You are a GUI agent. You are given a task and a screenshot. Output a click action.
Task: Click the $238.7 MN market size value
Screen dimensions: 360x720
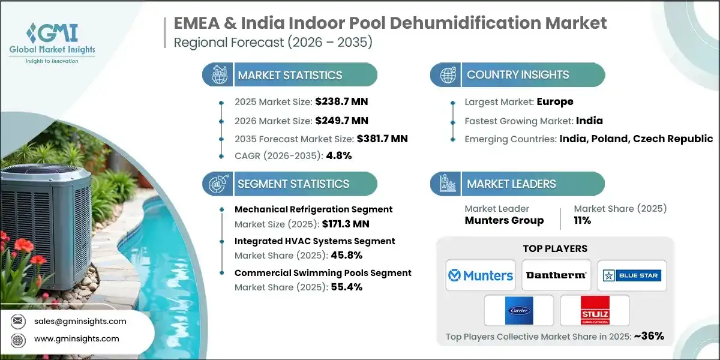338,103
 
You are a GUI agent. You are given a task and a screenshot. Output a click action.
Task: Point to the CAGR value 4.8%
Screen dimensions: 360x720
338,155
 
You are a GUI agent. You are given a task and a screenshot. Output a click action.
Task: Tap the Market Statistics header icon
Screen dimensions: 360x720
217,75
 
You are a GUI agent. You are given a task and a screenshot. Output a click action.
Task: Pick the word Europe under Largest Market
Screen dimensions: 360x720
555,102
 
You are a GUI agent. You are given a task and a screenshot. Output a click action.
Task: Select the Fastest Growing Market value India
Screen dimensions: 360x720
589,121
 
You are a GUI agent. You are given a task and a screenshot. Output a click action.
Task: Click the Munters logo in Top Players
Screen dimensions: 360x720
481,275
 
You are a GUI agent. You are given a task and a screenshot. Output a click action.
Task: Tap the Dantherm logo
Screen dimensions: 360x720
556,275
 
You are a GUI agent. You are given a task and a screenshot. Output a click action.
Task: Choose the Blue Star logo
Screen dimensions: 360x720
632,275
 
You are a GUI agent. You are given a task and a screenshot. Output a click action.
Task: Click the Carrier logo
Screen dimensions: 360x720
518,311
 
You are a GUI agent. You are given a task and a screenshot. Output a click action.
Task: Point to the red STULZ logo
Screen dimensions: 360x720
595,311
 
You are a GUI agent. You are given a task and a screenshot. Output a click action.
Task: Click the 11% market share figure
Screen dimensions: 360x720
582,220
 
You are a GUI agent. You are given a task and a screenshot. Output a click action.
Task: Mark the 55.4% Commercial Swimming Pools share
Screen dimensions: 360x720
346,287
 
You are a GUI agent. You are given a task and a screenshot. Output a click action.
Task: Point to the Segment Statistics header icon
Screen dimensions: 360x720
217,184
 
